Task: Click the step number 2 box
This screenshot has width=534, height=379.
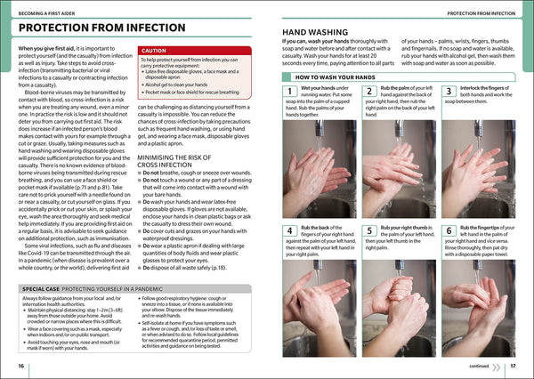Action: [370, 92]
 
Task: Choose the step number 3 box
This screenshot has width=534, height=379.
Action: [449, 92]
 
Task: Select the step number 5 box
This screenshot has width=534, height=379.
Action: [370, 230]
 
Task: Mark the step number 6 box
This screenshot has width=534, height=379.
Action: [449, 230]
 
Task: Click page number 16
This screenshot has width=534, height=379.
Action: [20, 366]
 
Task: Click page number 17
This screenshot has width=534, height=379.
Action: [513, 366]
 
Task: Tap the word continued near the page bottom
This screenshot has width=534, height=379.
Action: [479, 366]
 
